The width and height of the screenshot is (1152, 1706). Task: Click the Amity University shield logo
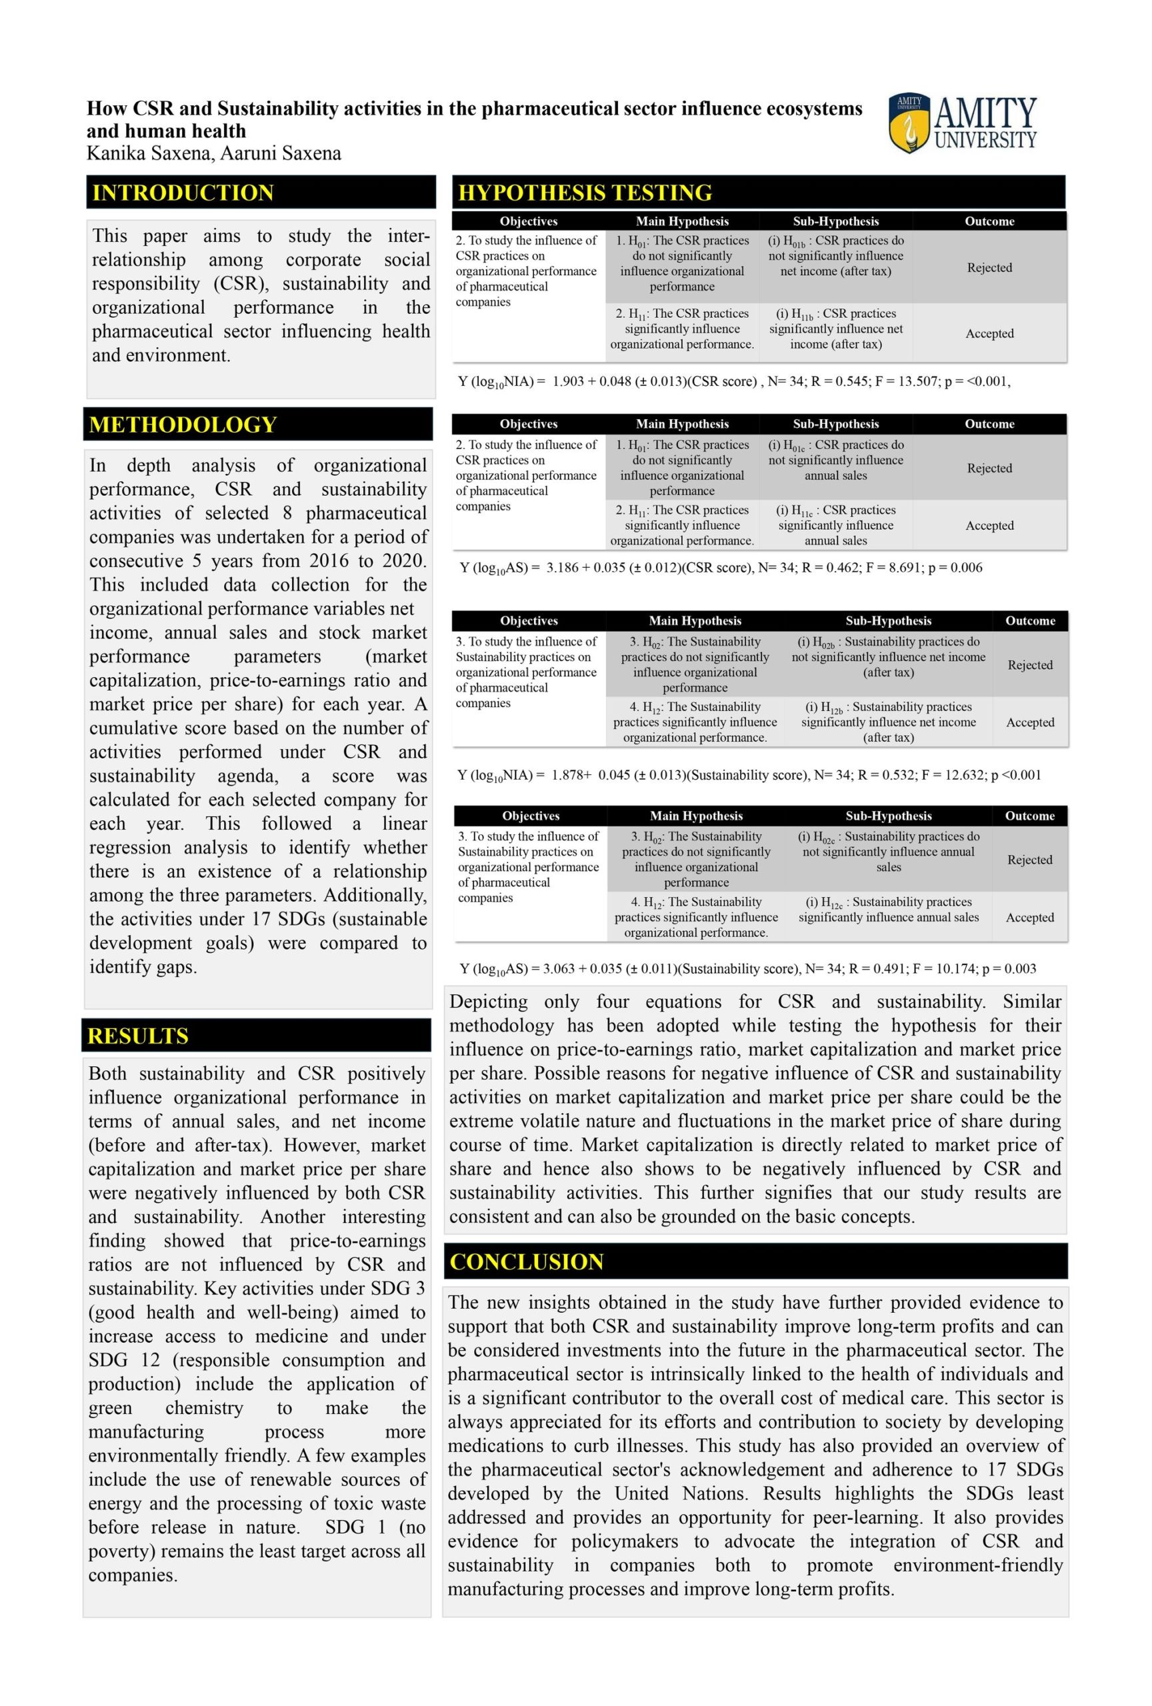pos(908,123)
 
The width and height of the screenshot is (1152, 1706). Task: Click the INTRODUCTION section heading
pos(183,193)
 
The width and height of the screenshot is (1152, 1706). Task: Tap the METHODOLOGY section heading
pos(183,425)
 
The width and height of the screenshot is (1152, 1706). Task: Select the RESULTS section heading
pos(138,1036)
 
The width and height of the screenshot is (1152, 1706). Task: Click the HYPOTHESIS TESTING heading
pos(585,193)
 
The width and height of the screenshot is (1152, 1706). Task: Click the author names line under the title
pos(213,153)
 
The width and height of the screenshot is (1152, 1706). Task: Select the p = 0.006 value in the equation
pos(955,567)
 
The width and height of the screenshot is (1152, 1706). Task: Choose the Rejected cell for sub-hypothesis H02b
pos(1029,664)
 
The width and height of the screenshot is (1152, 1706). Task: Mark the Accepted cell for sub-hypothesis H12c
pos(1029,917)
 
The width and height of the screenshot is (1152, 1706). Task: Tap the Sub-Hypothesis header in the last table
pos(888,816)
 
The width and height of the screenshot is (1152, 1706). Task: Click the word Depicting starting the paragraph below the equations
pos(488,1002)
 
